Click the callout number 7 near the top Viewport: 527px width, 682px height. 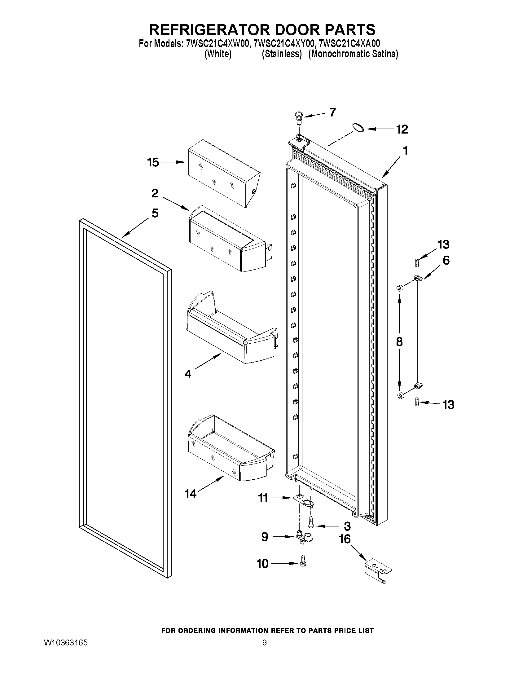click(332, 112)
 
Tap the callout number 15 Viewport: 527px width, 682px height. click(153, 162)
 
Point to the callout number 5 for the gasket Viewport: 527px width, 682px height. click(155, 213)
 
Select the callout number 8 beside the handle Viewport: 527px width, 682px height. click(399, 342)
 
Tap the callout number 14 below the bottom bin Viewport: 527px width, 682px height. click(191, 494)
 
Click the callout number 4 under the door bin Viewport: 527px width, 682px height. click(188, 374)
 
